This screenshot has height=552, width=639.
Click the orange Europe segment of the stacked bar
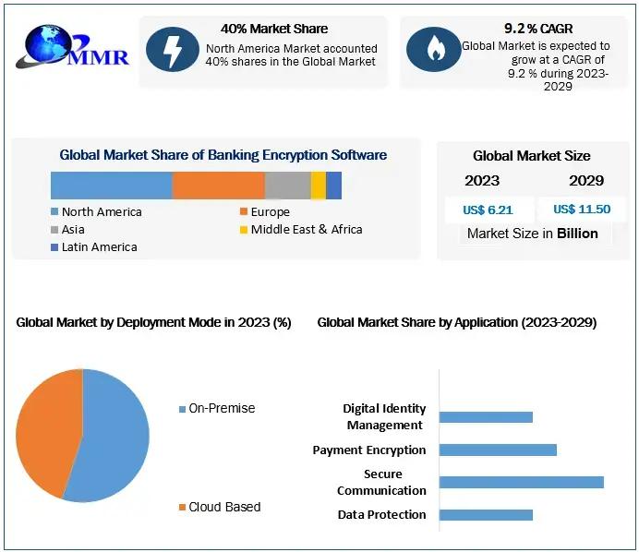point(218,186)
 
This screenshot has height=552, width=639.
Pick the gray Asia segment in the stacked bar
point(287,186)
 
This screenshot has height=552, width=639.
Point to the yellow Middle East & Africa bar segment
point(318,186)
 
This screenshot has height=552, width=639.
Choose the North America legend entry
point(96,212)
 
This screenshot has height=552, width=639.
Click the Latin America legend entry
point(93,247)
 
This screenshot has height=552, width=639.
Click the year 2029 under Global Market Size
point(586,180)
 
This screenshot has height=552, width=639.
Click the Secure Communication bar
point(521,482)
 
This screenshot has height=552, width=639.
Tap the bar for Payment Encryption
point(498,450)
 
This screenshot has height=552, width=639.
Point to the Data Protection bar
point(486,514)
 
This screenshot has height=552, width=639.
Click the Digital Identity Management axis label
point(384,416)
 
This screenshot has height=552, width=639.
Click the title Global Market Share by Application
point(456,322)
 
